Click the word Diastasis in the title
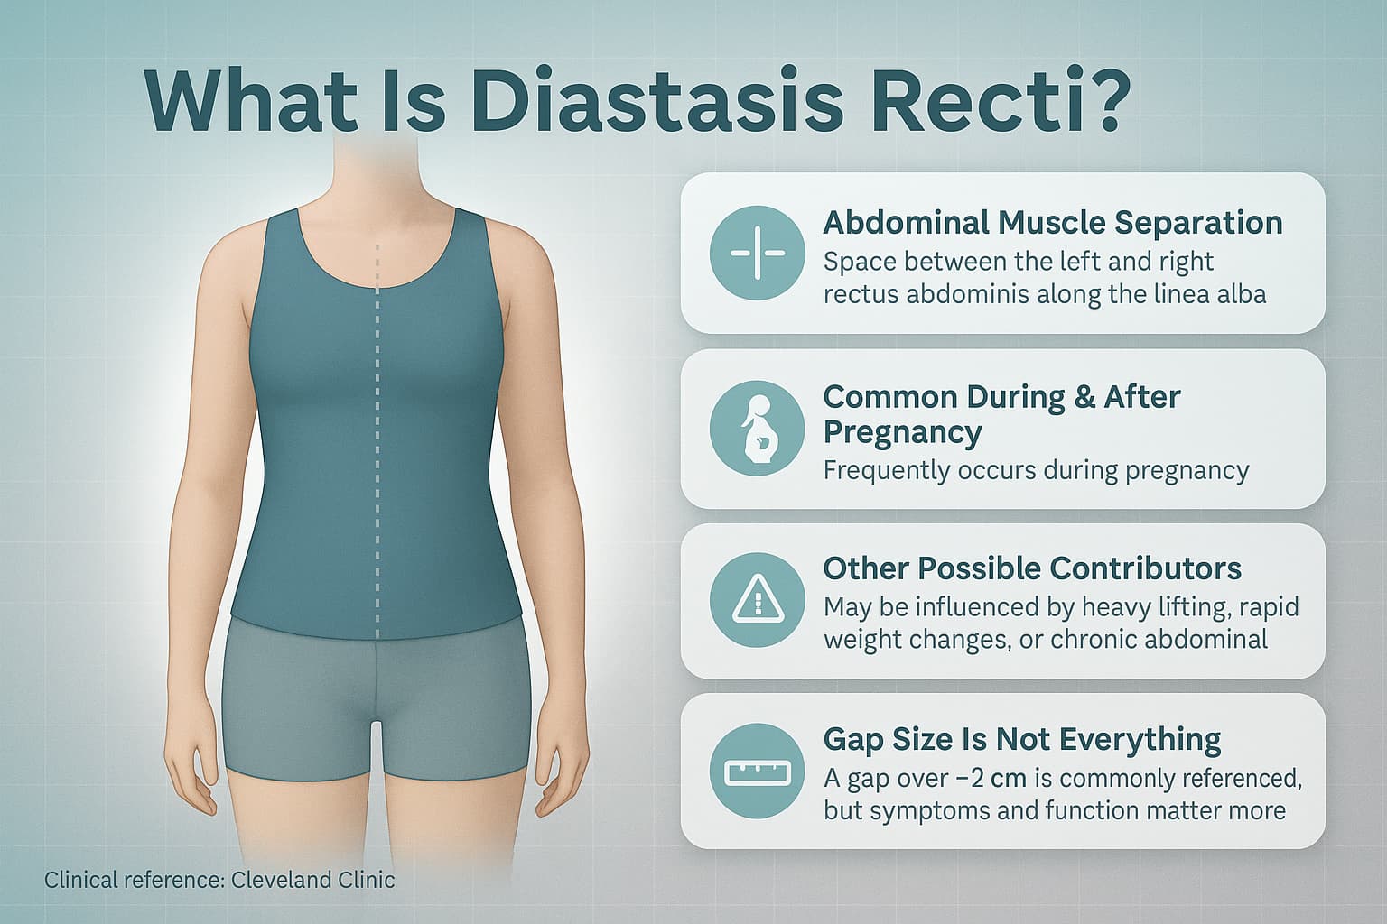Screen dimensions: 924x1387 [x=656, y=100]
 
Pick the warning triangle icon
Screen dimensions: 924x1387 [x=757, y=599]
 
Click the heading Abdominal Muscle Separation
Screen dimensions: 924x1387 [x=1052, y=222]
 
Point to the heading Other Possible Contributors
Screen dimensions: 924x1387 [x=1032, y=568]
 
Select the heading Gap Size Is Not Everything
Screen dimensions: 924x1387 [x=1022, y=739]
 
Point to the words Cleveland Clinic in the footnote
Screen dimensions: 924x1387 [x=312, y=880]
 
